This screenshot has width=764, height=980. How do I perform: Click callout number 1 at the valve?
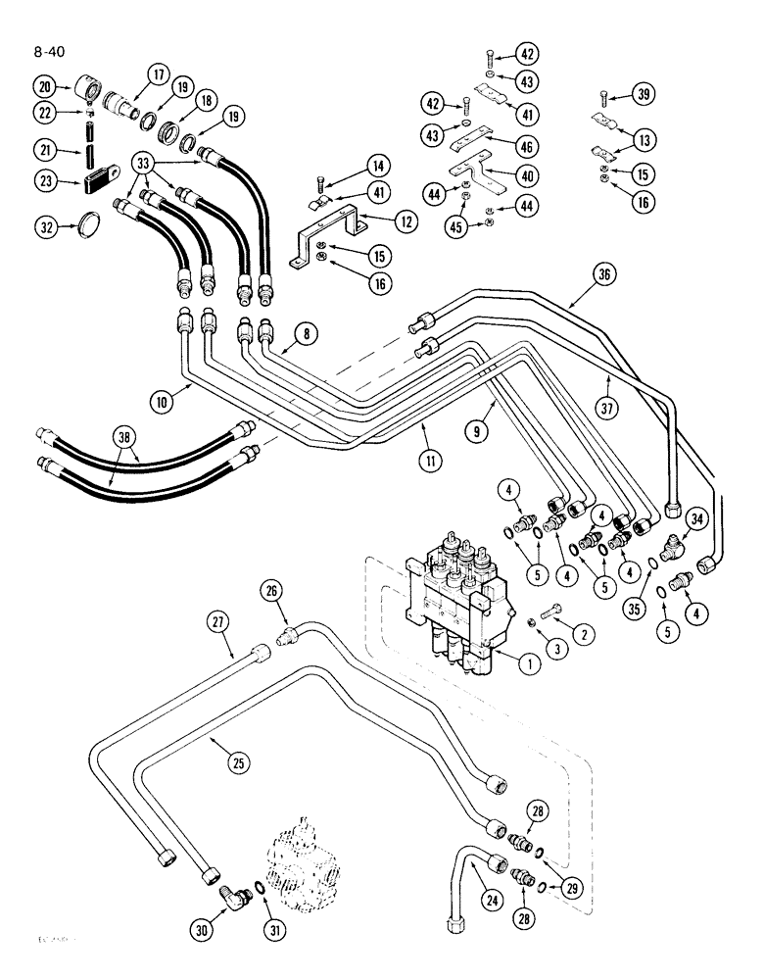[x=527, y=663]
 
